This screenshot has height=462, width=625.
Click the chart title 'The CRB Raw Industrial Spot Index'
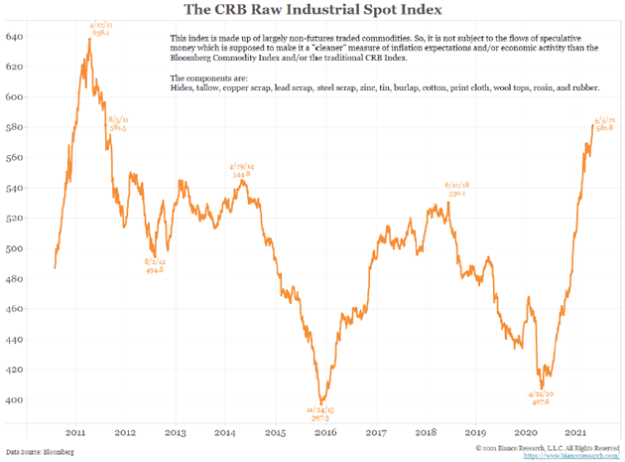click(312, 10)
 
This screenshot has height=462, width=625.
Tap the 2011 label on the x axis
click(74, 433)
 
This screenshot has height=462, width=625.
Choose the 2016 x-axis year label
click(326, 433)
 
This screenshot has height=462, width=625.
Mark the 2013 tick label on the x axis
click(175, 433)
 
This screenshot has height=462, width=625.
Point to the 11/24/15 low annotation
click(318, 412)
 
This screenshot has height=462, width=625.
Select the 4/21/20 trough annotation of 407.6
click(540, 397)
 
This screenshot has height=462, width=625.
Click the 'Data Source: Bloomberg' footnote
click(40, 452)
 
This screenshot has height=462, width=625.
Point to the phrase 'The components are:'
click(205, 77)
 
